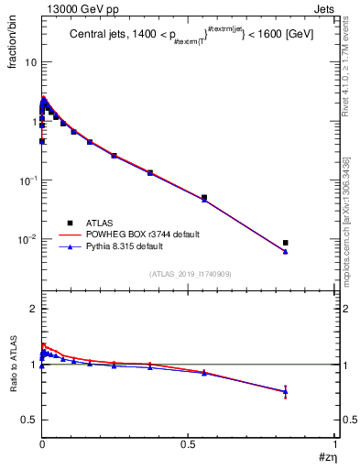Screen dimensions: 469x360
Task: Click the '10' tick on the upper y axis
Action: tap(30, 62)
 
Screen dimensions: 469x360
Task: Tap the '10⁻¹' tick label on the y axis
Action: tap(28, 180)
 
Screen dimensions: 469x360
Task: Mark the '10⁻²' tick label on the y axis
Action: tap(28, 239)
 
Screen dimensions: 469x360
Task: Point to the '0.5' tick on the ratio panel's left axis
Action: tap(28, 420)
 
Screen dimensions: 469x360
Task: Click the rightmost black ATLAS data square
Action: tap(286, 243)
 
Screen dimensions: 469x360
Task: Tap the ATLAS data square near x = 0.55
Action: tap(204, 197)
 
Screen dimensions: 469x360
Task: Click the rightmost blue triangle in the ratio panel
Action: tap(286, 392)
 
